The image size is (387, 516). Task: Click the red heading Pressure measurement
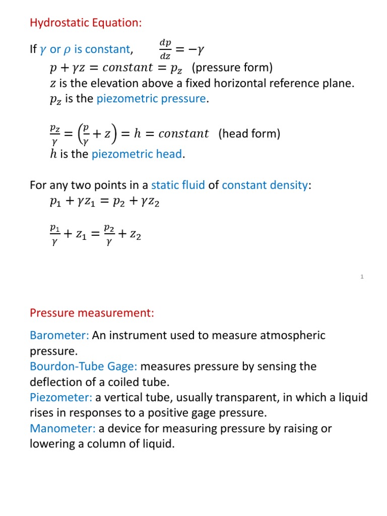click(92, 313)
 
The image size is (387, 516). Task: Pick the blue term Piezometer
click(61, 398)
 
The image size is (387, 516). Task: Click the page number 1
click(362, 277)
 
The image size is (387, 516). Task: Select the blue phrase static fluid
click(178, 185)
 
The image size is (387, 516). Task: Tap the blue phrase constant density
click(265, 185)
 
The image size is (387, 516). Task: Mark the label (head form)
click(249, 134)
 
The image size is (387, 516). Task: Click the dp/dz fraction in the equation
click(165, 49)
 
